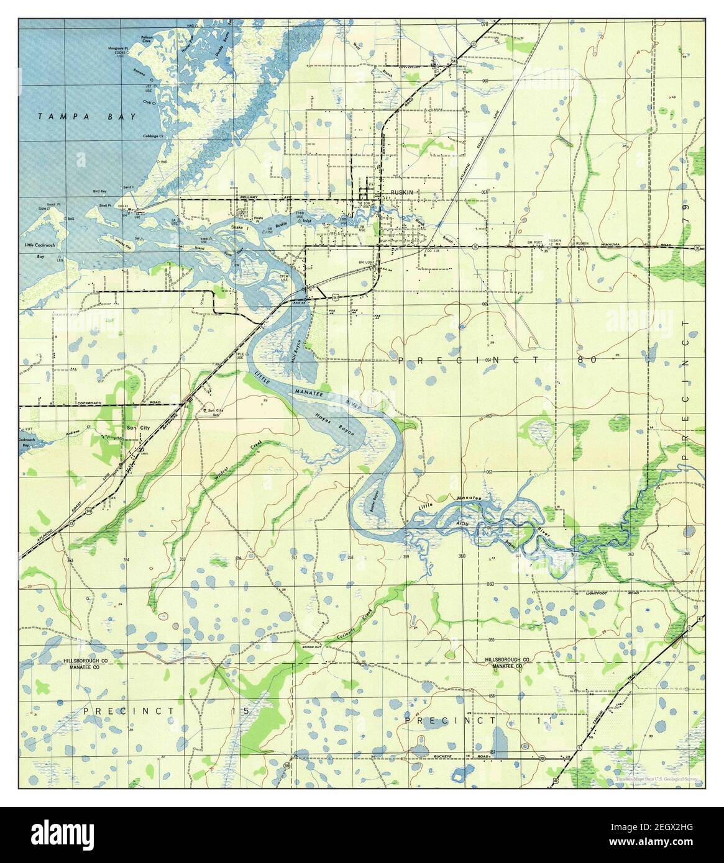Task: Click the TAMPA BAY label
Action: click(x=87, y=116)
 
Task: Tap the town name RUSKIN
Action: click(x=401, y=192)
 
